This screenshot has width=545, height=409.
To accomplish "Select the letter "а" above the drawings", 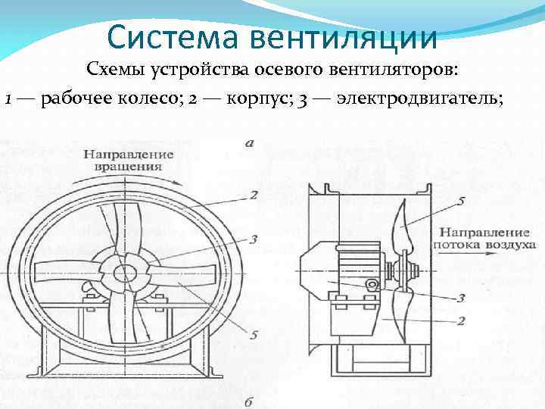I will coord(250,142).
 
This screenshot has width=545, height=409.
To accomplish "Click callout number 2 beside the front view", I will coord(254,195).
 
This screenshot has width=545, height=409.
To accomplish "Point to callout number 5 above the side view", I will coord(460,201).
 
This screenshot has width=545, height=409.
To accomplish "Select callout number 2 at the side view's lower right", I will coord(460,321).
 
